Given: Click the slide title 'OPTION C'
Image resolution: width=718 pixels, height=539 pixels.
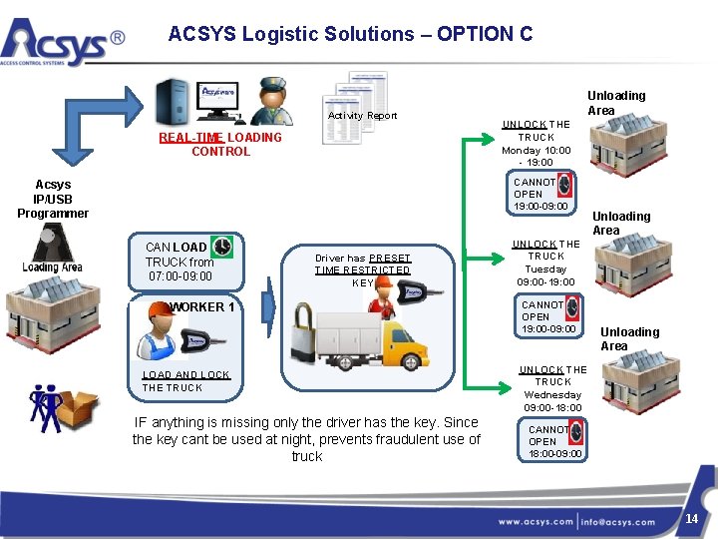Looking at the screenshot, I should point(350,34).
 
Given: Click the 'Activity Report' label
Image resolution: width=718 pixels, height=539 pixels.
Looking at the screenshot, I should point(363,116).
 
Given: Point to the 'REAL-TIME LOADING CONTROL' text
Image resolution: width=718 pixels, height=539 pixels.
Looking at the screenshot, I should point(220,144).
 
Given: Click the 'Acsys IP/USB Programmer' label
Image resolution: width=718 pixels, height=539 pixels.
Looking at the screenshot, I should point(53,199).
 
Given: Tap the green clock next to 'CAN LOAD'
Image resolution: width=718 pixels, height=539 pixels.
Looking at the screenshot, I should point(222,247).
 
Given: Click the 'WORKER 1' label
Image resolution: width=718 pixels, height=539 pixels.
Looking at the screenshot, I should point(202,307).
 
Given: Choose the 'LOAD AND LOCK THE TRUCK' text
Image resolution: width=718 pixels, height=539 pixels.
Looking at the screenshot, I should point(185,381).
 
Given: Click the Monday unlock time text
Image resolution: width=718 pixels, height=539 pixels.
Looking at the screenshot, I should point(536,143).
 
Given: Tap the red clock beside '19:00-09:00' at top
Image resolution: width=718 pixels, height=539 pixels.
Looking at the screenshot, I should point(565,185).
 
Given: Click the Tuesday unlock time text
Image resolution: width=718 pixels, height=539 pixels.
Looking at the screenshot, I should point(545,264).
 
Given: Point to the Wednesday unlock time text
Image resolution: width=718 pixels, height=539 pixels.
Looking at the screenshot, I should point(553,388).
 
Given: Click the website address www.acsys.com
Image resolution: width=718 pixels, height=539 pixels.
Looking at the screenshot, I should point(537,522).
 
